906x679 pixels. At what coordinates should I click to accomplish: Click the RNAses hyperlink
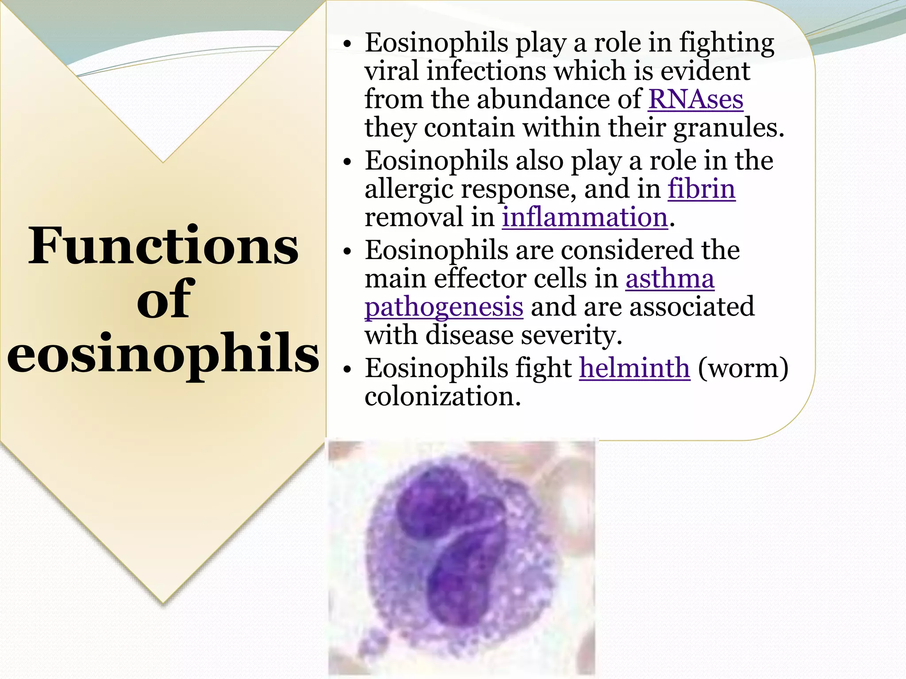(695, 99)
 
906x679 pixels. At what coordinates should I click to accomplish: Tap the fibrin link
(701, 189)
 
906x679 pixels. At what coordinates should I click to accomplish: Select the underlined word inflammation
(584, 217)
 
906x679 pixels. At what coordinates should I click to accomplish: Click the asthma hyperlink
(670, 279)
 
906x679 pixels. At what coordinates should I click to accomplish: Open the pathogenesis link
(444, 308)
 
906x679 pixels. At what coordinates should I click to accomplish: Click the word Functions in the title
(163, 246)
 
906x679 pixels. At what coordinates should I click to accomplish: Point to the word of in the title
(163, 300)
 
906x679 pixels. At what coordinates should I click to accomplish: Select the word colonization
(442, 396)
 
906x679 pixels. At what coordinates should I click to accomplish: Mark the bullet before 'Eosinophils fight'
(348, 369)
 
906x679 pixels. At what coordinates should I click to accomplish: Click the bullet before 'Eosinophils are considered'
(348, 252)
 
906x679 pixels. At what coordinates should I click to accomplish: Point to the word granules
(728, 128)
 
